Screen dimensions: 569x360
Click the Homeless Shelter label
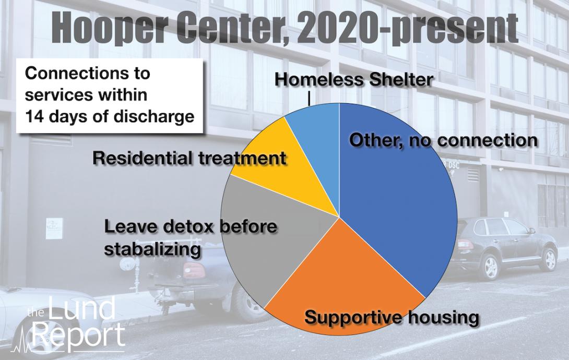point(353,80)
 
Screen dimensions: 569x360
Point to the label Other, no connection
point(443,140)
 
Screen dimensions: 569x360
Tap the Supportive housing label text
point(392,318)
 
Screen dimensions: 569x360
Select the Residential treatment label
point(189,159)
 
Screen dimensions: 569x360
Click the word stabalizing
point(152,249)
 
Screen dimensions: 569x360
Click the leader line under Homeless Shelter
point(309,98)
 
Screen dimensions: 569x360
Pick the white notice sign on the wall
point(54,229)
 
